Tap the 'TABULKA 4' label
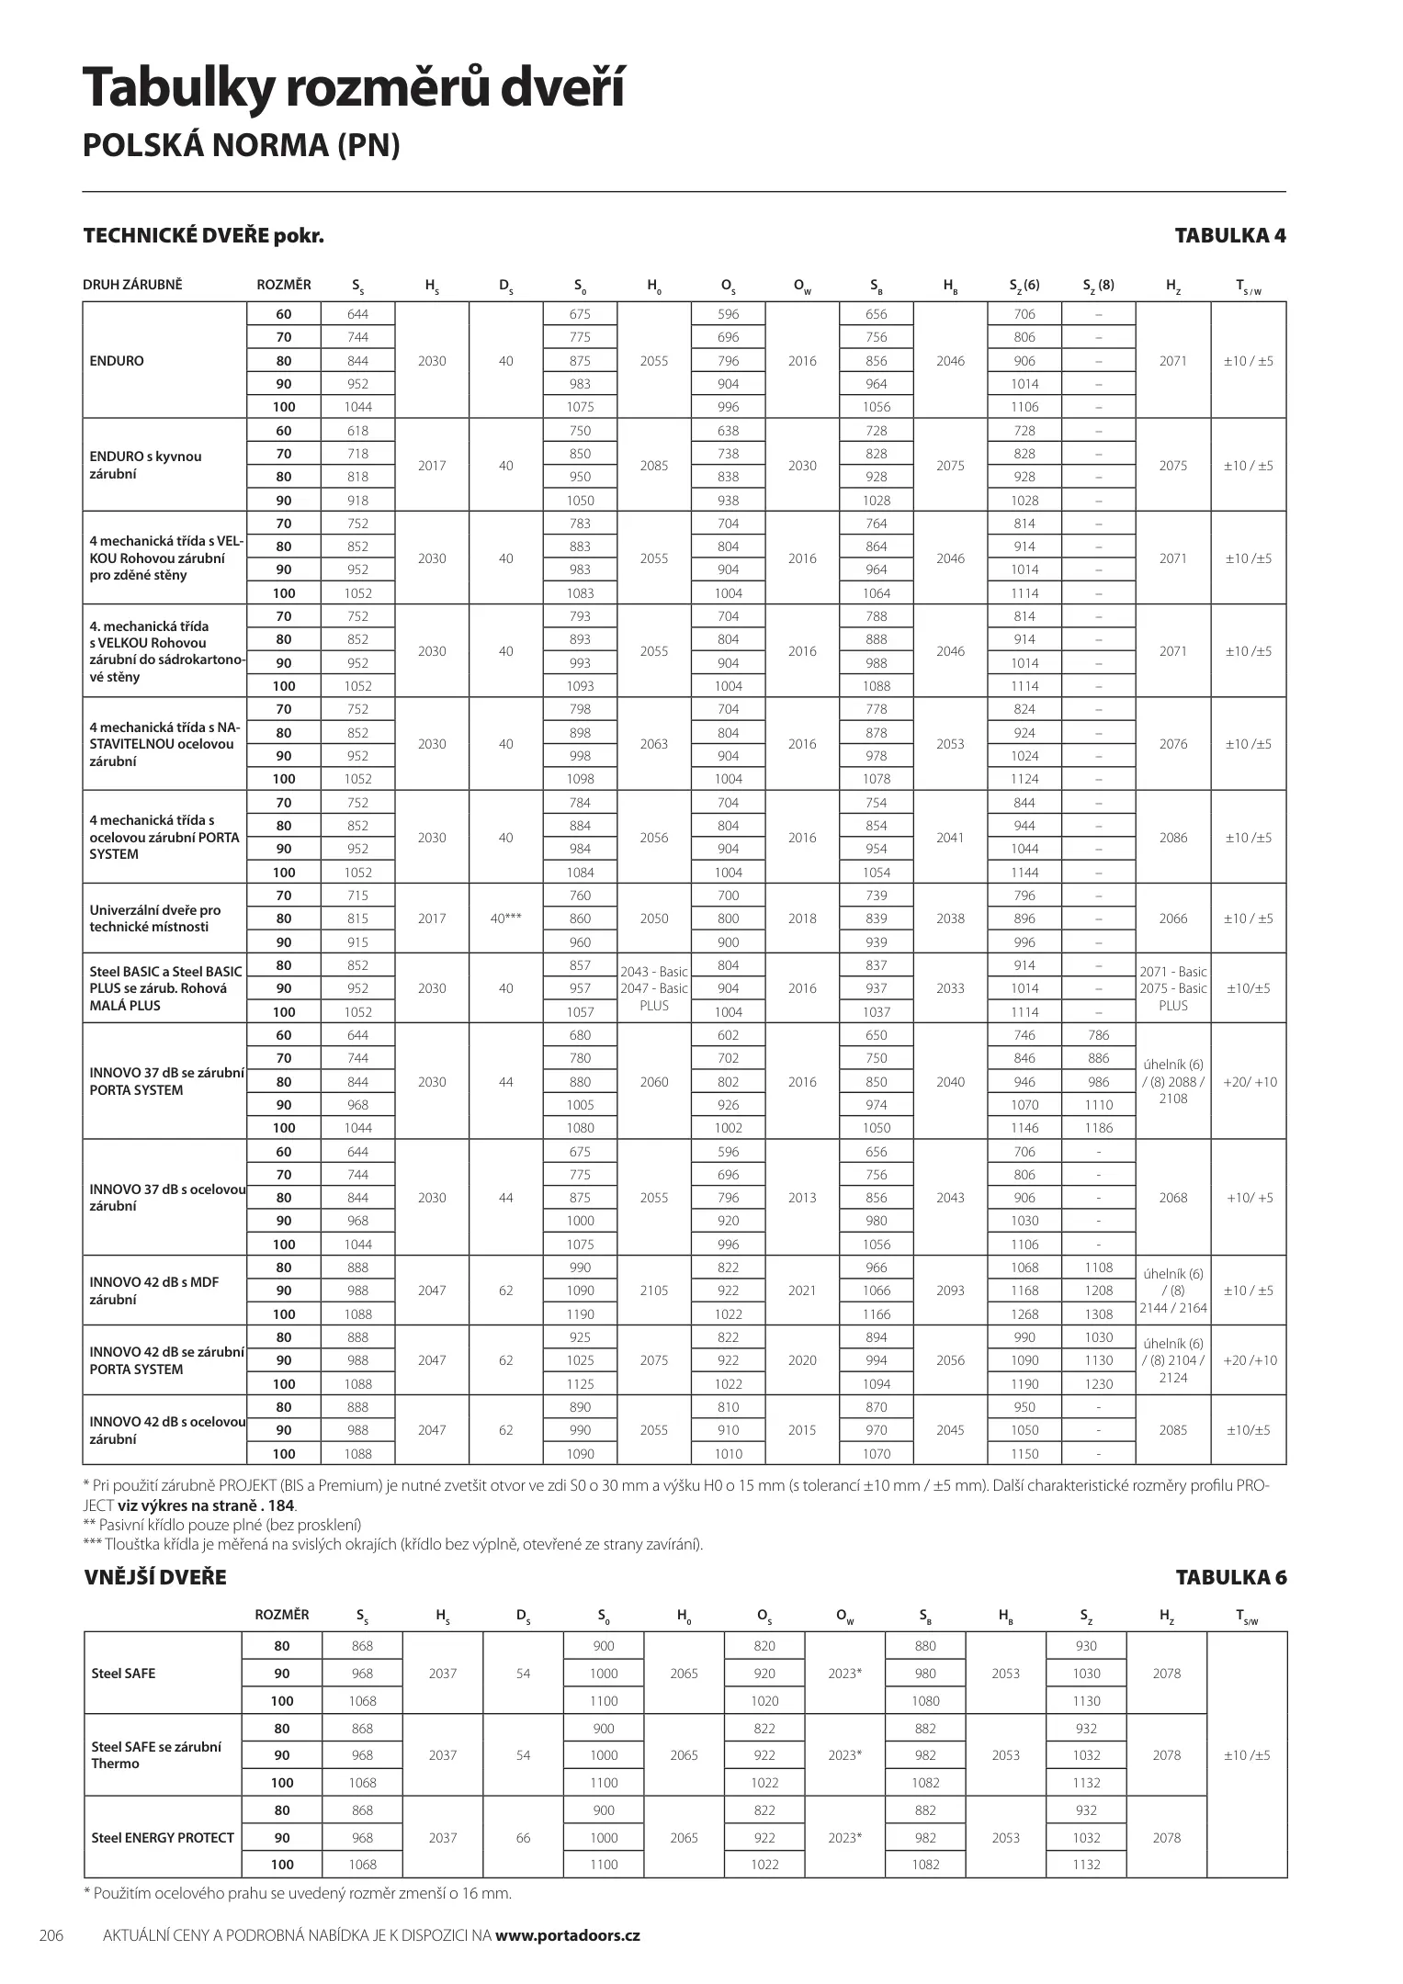pyautogui.click(x=1230, y=236)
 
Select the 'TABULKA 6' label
pyautogui.click(x=1231, y=1578)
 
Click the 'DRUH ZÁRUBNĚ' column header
pyautogui.click(x=132, y=285)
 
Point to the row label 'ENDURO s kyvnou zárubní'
pyautogui.click(x=145, y=466)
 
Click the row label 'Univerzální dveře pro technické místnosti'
pyautogui.click(x=154, y=919)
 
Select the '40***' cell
pyautogui.click(x=506, y=919)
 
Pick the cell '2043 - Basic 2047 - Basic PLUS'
pyautogui.click(x=654, y=988)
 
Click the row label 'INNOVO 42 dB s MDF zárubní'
pyautogui.click(x=154, y=1291)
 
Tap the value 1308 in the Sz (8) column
pyautogui.click(x=1098, y=1314)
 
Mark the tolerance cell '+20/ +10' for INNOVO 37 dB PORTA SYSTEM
pyautogui.click(x=1250, y=1082)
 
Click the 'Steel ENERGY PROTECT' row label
pyautogui.click(x=163, y=1838)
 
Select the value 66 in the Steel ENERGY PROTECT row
pyautogui.click(x=523, y=1838)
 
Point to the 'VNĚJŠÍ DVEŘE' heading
pyautogui.click(x=155, y=1578)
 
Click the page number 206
pyautogui.click(x=51, y=1935)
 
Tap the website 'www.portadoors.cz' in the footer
pyautogui.click(x=567, y=1935)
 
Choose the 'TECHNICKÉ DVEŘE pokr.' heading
pyautogui.click(x=203, y=236)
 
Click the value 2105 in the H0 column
pyautogui.click(x=654, y=1291)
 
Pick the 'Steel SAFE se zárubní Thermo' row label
pyautogui.click(x=156, y=1755)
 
